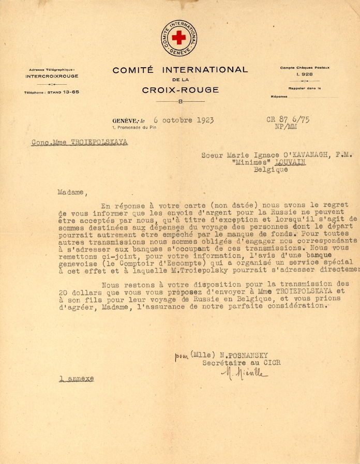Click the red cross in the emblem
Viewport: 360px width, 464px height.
click(x=179, y=38)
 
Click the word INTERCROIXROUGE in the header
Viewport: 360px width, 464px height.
click(x=52, y=76)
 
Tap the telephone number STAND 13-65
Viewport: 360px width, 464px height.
click(x=61, y=92)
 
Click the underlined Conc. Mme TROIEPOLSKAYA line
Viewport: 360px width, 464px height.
click(x=79, y=143)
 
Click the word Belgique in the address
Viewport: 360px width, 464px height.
click(x=271, y=169)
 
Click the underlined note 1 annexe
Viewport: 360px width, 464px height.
click(x=76, y=378)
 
